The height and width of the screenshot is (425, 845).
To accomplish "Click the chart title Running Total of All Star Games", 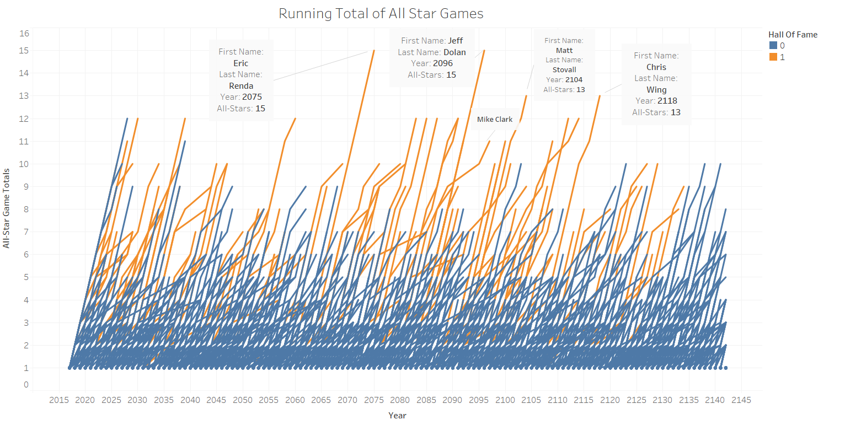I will pos(381,14).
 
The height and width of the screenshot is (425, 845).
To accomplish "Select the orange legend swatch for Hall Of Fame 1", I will pos(773,57).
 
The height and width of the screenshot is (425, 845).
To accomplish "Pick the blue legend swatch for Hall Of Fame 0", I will pos(773,45).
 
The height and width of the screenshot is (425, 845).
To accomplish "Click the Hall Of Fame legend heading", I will pos(793,34).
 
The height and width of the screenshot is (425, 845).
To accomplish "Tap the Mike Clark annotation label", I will pos(495,119).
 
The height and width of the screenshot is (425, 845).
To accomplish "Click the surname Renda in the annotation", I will pos(241,85).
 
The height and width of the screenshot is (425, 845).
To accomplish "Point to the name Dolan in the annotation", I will pos(454,52).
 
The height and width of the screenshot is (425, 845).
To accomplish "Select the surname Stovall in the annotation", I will pos(564,69).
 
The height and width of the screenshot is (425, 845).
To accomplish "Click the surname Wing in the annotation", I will pos(656,89).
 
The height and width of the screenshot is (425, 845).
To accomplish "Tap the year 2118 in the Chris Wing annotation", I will pos(667,101).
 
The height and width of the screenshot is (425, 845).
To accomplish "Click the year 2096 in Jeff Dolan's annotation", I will pos(443,63).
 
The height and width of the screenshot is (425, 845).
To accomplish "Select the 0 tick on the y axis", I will pos(25,385).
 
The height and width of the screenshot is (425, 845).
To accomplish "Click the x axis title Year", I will pos(397,415).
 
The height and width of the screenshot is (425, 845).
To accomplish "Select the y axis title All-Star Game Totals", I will pos(7,208).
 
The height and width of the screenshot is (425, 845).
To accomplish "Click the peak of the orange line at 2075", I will pos(374,50).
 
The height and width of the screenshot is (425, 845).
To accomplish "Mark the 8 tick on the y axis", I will pos(25,209).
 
